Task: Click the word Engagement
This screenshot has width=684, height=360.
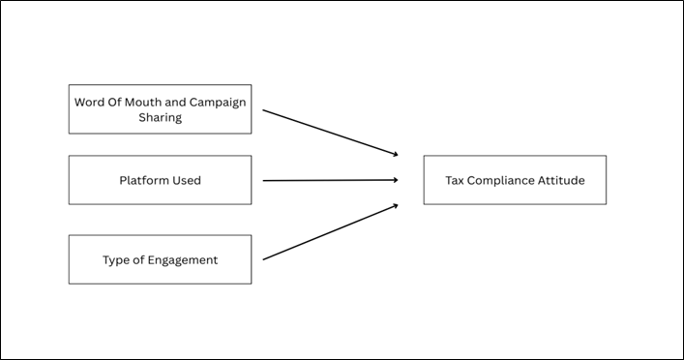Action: tap(184, 260)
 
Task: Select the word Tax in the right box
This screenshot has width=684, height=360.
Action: tap(455, 180)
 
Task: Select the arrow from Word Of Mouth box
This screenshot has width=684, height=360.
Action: tap(329, 132)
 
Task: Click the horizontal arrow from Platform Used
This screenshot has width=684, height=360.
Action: tap(329, 180)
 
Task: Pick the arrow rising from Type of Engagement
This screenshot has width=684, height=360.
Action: tap(329, 231)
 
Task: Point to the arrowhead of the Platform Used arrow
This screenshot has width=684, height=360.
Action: tap(396, 179)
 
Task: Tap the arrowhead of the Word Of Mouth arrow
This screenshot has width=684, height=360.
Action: tap(395, 153)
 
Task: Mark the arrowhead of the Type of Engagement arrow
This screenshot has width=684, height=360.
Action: tap(395, 205)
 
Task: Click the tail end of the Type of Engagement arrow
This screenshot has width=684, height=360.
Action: tap(265, 258)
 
